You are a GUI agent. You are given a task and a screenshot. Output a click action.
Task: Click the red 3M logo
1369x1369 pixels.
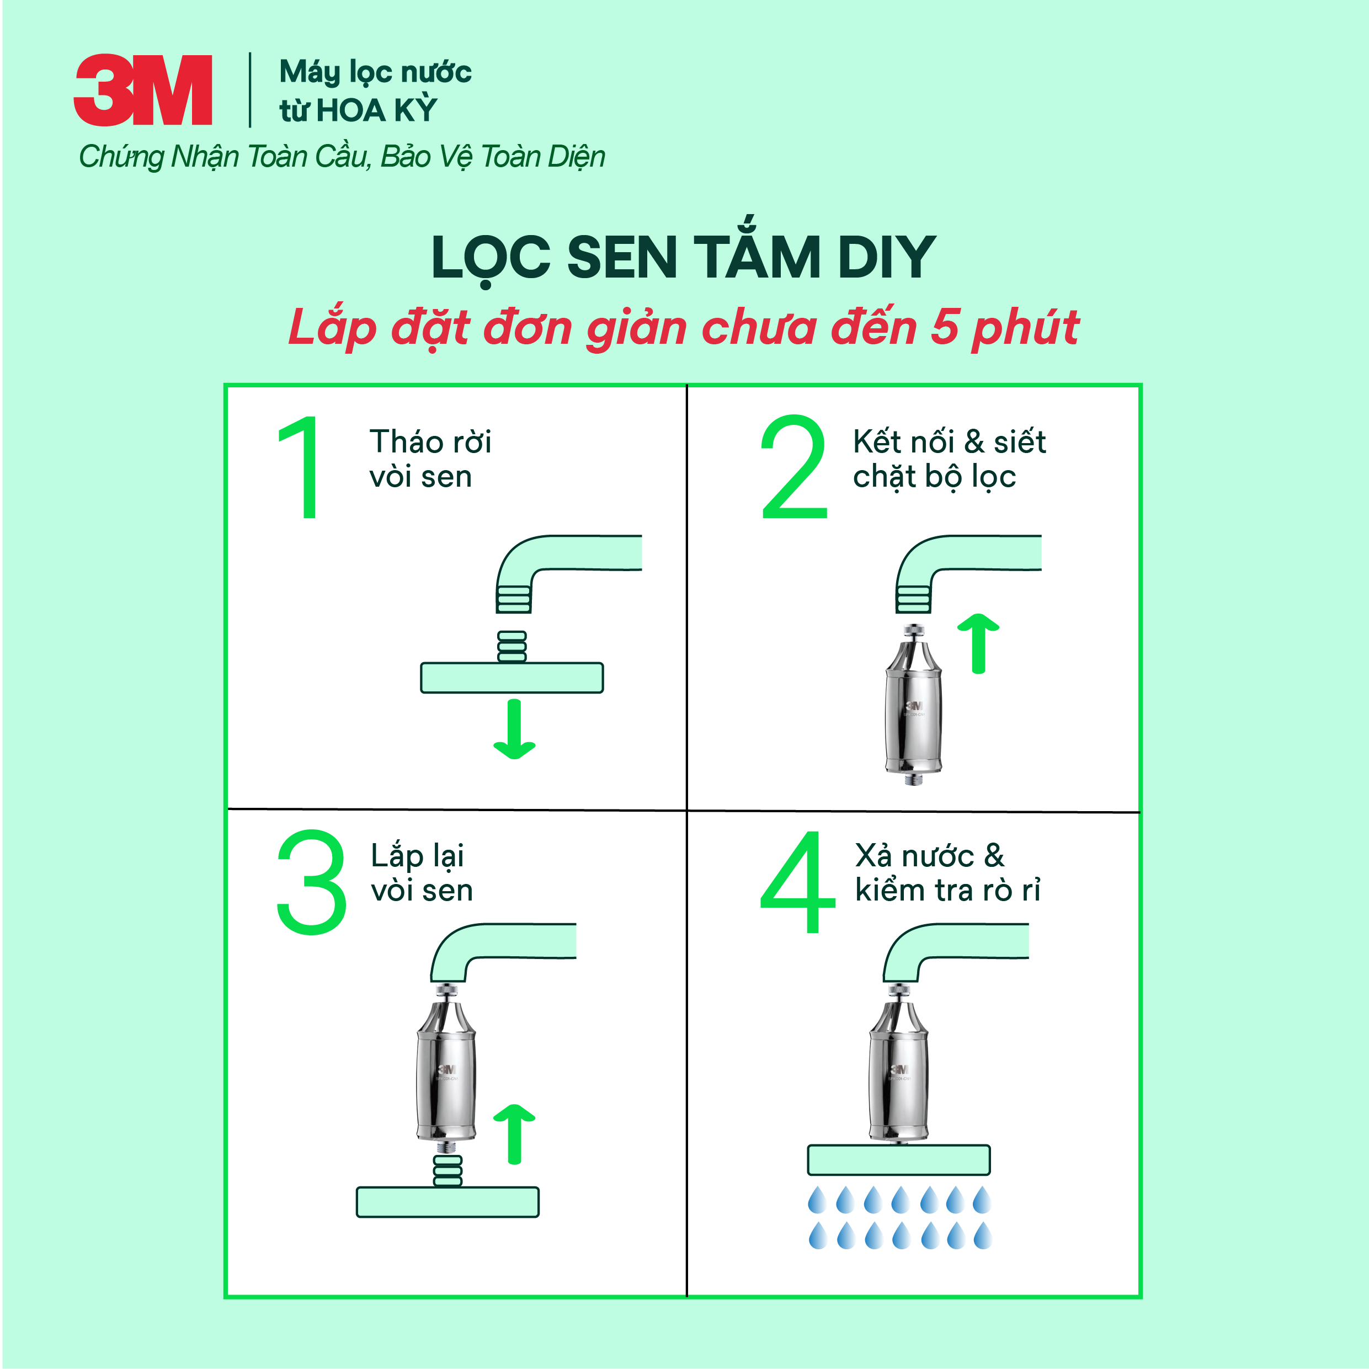click(x=142, y=90)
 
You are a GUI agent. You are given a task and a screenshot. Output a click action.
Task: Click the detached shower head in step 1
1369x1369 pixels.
click(x=512, y=676)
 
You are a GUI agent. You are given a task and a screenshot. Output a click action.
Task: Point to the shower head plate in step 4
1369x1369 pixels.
click(x=898, y=1160)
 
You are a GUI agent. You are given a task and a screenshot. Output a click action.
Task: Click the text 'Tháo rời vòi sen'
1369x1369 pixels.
click(x=429, y=459)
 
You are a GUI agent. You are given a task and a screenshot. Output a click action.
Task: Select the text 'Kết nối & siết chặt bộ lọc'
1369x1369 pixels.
click(x=948, y=459)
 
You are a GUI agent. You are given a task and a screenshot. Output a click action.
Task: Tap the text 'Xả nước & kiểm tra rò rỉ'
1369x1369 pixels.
click(x=947, y=872)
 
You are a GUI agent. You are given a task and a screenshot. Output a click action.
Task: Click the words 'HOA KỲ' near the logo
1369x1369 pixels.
click(x=376, y=110)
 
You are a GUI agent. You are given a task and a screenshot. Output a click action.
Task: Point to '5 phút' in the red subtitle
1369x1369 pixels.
click(x=1004, y=327)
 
